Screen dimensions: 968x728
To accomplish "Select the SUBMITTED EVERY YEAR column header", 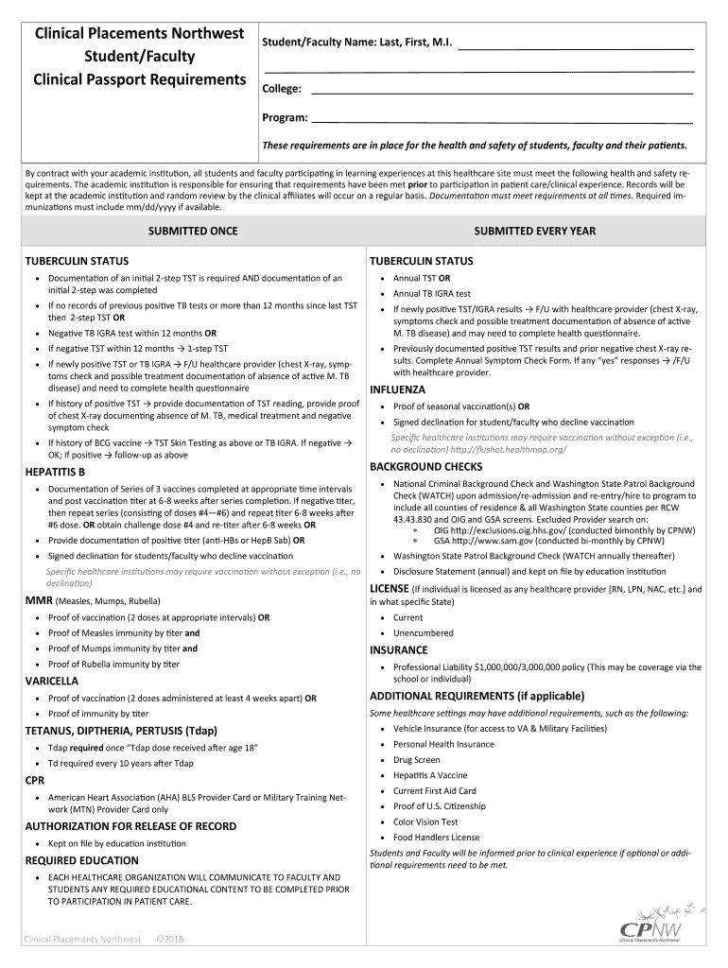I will (535, 231).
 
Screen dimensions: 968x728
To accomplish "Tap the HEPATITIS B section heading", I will (55, 472).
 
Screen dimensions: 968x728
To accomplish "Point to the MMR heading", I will (39, 600).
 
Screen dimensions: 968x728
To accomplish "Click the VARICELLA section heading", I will (52, 681).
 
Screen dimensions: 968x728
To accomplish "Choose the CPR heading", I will (34, 780).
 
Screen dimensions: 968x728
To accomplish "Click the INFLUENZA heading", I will (397, 389).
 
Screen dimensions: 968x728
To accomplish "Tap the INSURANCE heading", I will (399, 650).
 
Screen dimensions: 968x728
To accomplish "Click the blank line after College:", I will (502, 91).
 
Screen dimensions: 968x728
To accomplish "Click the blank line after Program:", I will (502, 120).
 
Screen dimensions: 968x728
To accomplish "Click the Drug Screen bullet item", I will (416, 760).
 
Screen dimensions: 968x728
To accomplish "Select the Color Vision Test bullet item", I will (425, 821).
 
